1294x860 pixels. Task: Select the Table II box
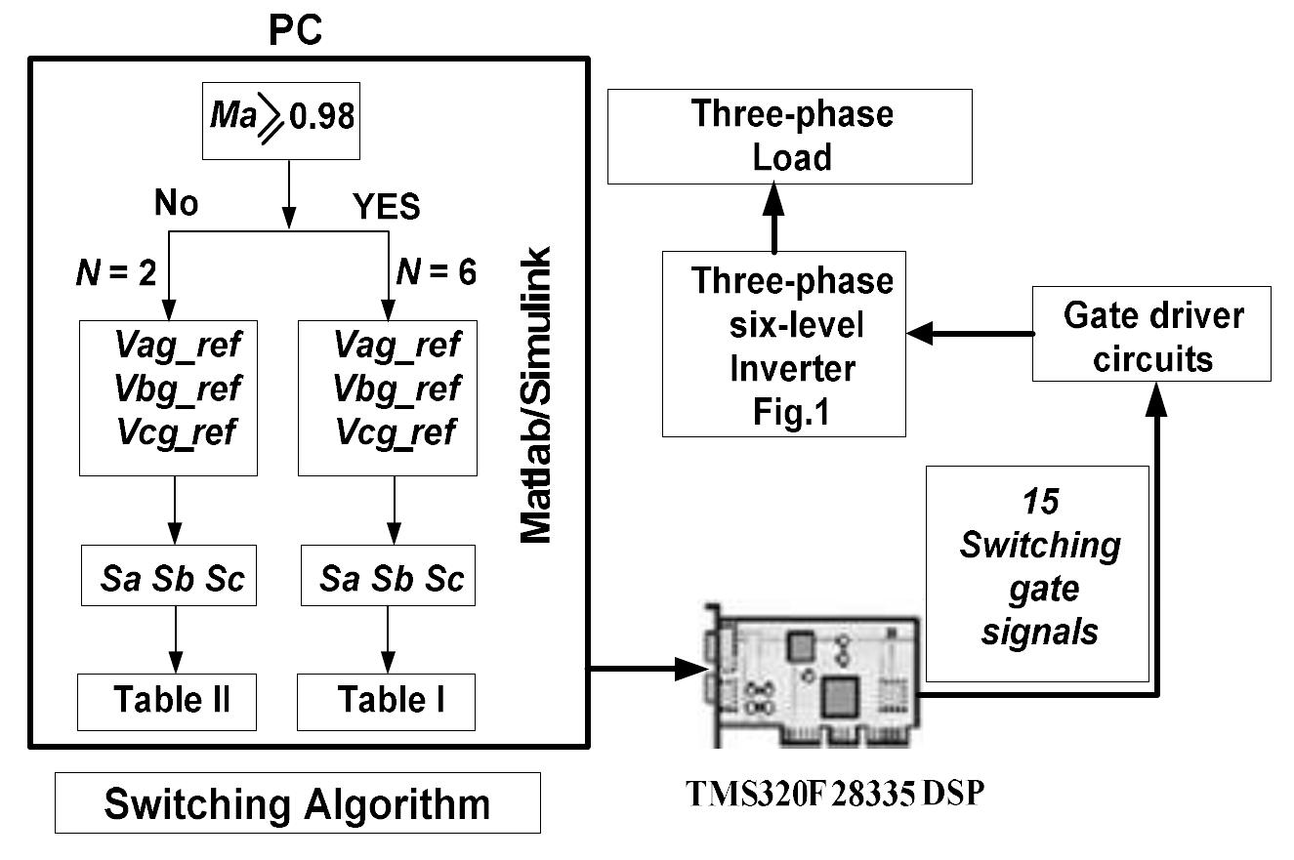coord(167,701)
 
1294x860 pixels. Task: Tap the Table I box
coord(386,701)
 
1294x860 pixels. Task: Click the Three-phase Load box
coord(790,136)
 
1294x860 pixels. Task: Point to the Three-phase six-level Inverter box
coord(784,343)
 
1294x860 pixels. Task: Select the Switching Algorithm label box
coord(297,803)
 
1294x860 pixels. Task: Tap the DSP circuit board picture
coord(810,675)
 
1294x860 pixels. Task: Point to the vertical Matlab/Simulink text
coord(534,395)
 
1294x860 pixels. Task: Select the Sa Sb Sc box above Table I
coord(393,580)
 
